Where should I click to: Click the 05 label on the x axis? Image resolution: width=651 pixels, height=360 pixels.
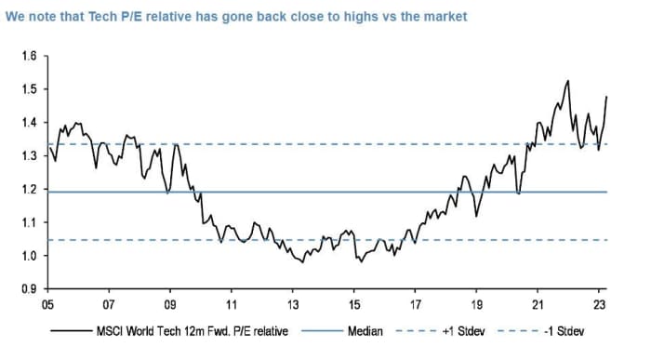tap(47, 304)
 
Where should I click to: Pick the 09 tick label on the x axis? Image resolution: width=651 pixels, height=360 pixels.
tap(170, 304)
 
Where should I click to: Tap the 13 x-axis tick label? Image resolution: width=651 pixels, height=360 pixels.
tap(293, 304)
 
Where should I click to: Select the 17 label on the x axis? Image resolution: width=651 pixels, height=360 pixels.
tap(416, 304)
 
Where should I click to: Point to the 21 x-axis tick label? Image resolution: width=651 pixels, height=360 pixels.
tap(538, 304)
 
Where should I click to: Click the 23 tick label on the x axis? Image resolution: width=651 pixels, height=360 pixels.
tap(600, 304)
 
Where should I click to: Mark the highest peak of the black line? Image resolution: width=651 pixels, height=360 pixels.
tap(567, 81)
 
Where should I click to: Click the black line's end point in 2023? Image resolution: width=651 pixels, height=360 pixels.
tap(607, 96)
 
